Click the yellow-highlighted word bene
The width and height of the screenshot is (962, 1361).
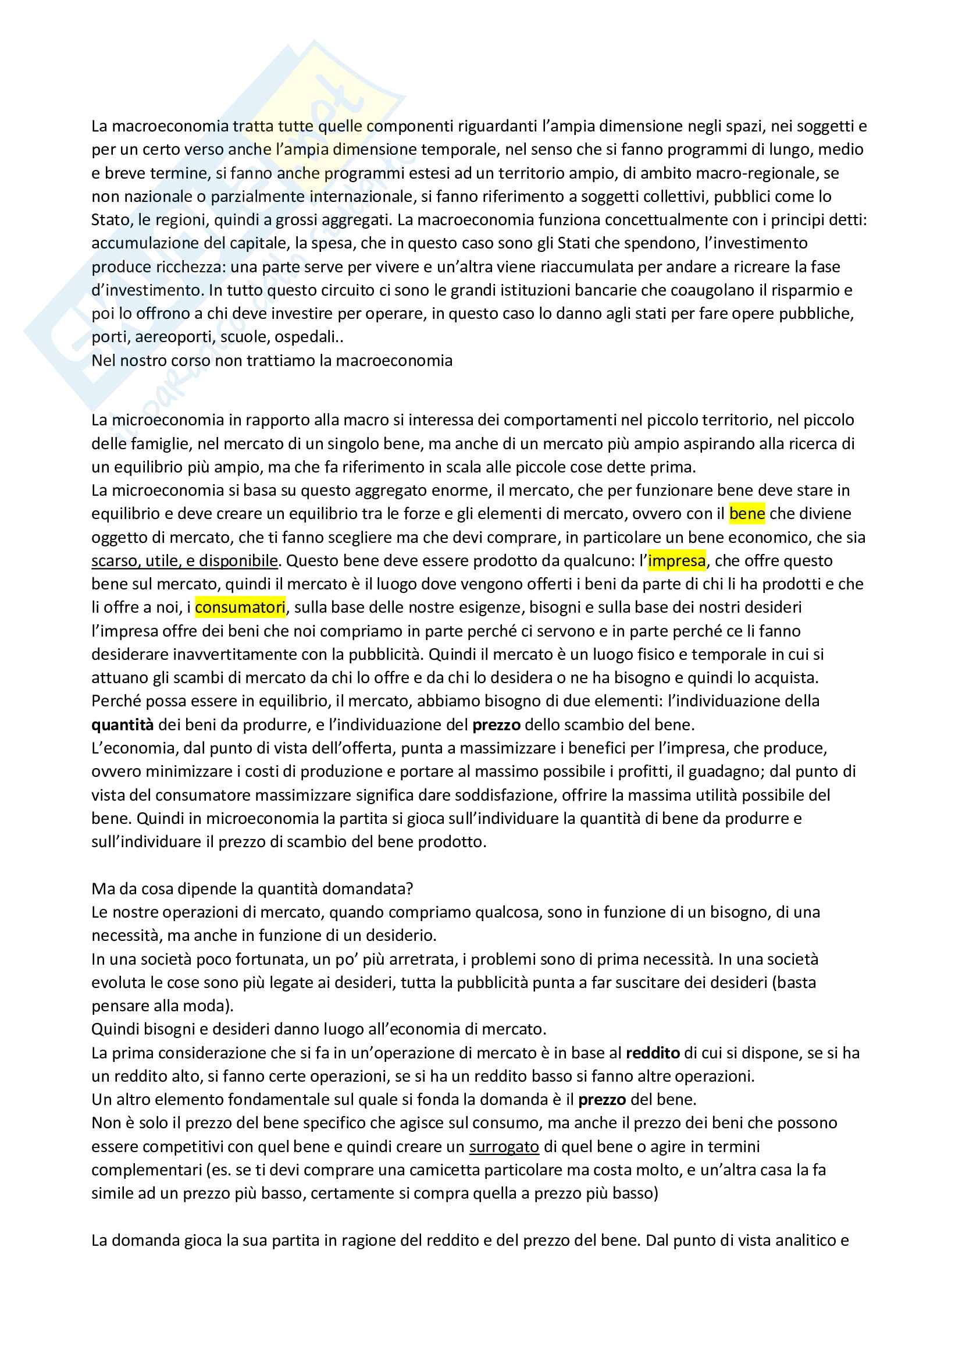click(746, 513)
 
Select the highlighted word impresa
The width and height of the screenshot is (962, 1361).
click(676, 560)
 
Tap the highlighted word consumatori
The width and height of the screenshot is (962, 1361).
click(240, 607)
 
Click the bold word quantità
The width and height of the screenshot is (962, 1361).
click(123, 724)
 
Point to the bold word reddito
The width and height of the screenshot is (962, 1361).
click(653, 1053)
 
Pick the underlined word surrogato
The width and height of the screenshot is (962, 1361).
click(504, 1146)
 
